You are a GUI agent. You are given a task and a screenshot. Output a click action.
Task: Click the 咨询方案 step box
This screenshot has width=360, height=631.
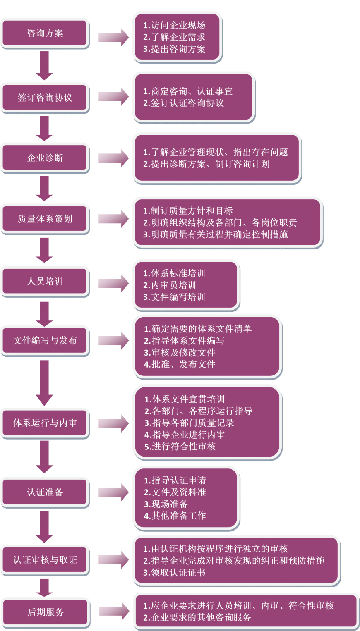(45, 33)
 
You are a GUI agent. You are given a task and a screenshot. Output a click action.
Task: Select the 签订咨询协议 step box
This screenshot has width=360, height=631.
(45, 98)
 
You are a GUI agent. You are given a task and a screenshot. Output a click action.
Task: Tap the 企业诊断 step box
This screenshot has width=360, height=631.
(45, 158)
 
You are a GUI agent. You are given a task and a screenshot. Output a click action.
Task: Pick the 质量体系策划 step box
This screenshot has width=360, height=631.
(45, 219)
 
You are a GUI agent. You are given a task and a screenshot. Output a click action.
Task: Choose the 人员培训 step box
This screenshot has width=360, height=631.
(45, 282)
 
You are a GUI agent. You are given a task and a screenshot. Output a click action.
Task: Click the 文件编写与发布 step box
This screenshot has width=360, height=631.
(45, 341)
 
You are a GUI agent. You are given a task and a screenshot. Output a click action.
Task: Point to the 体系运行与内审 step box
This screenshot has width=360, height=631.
(45, 423)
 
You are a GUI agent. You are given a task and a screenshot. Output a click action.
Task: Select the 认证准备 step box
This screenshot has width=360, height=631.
(45, 492)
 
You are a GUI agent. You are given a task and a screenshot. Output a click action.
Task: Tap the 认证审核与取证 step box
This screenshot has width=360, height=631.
(45, 560)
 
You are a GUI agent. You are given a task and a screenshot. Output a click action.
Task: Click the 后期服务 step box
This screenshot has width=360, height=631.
(46, 612)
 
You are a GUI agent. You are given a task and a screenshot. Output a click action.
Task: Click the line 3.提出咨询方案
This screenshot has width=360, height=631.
(174, 49)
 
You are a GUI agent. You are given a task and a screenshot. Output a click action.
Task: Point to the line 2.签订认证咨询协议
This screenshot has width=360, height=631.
(183, 103)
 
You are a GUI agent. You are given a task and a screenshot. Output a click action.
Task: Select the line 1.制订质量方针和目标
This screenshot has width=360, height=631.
(188, 211)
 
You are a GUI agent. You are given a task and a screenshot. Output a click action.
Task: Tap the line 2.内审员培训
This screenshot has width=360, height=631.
(170, 285)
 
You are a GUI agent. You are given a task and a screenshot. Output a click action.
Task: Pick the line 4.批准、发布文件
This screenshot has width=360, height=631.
(180, 364)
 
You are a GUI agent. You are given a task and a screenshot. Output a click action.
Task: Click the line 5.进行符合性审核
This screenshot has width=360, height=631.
(180, 447)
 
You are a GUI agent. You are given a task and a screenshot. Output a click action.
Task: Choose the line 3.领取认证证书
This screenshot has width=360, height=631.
(174, 573)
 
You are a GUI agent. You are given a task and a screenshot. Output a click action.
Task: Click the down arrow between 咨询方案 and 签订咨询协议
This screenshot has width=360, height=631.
(44, 65)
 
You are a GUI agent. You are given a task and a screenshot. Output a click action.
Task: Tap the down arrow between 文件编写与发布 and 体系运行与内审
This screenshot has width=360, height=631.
(44, 382)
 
